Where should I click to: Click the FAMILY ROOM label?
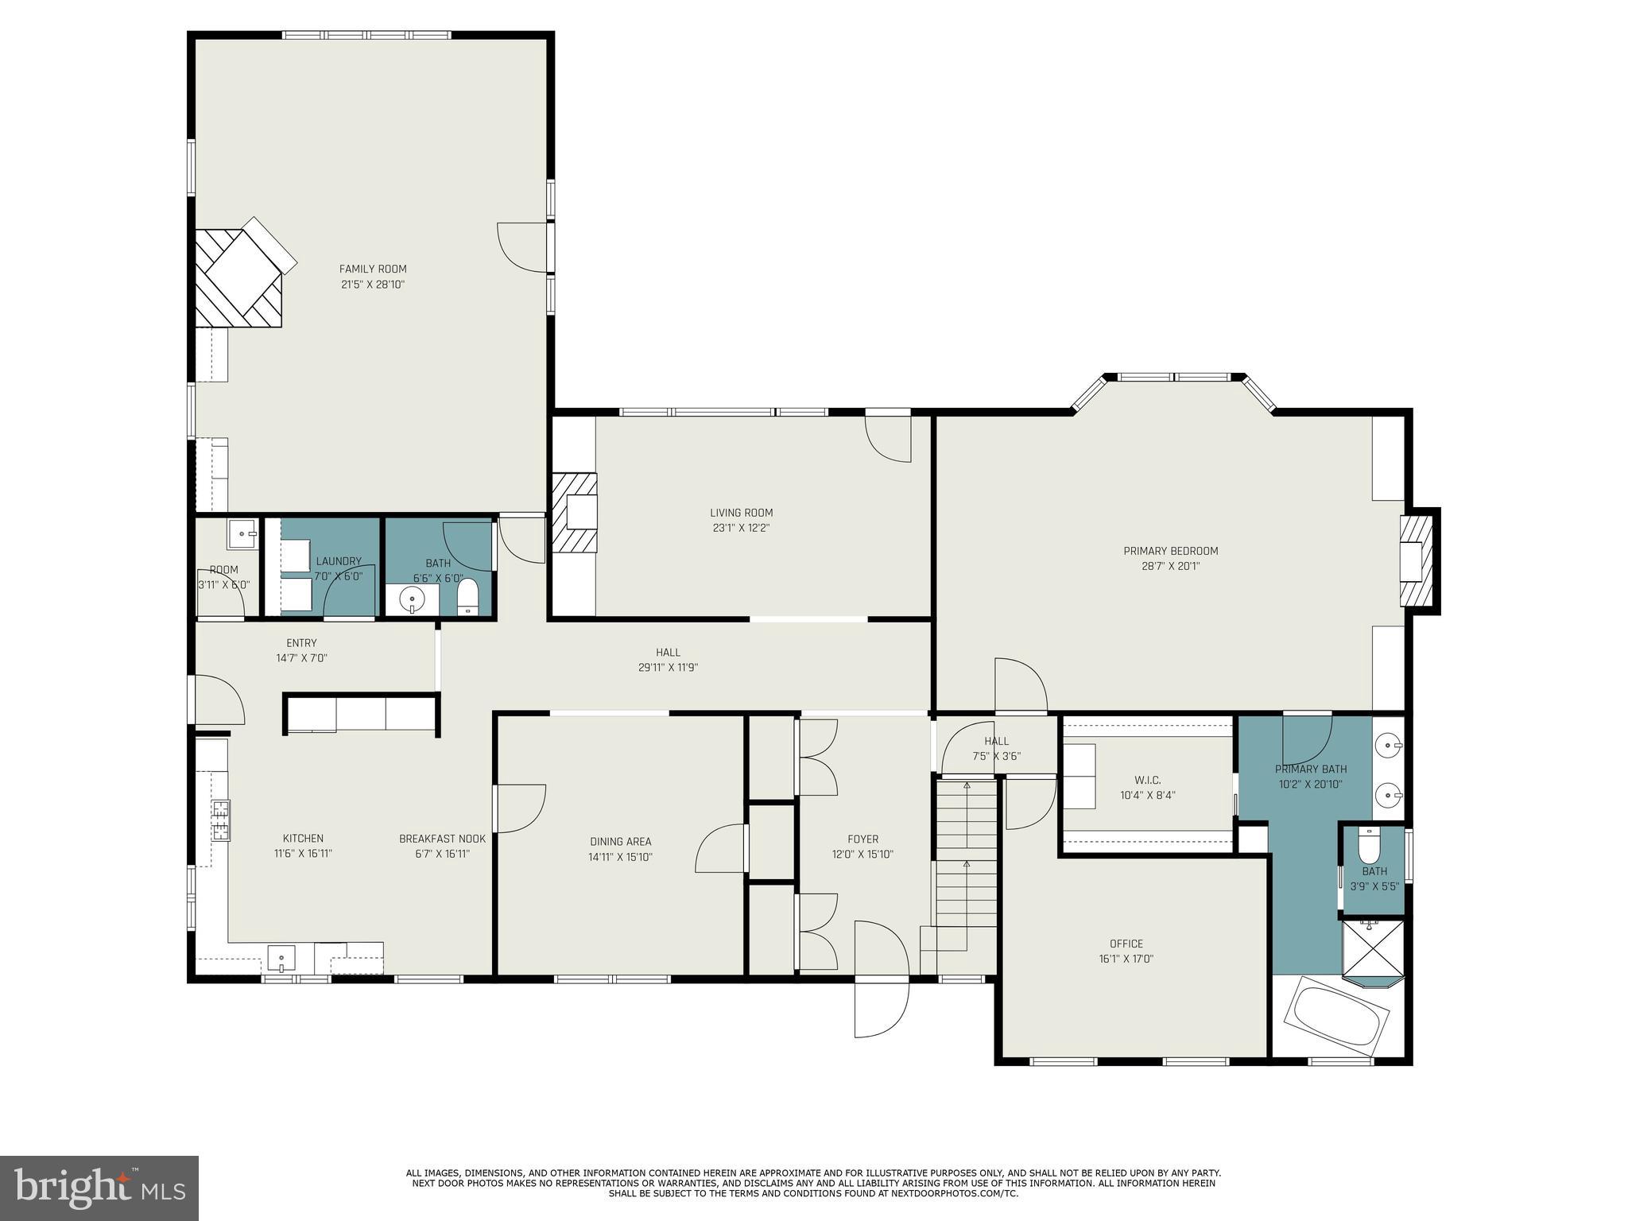pos(373,269)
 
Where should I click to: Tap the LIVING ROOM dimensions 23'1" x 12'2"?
pos(741,528)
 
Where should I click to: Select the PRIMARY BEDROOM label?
pos(1170,551)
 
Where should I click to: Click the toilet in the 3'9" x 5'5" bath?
pos(1369,845)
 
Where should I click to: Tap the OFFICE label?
pos(1126,944)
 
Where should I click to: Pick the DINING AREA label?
pos(620,842)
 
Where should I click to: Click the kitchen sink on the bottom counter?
pos(281,958)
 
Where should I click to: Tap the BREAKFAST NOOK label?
pos(442,839)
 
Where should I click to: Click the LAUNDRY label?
pos(339,561)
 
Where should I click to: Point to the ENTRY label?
pos(301,643)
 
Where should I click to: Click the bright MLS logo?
pos(99,1188)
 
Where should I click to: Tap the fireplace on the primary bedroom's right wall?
pos(1417,561)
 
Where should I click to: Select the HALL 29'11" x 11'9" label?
pos(668,653)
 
